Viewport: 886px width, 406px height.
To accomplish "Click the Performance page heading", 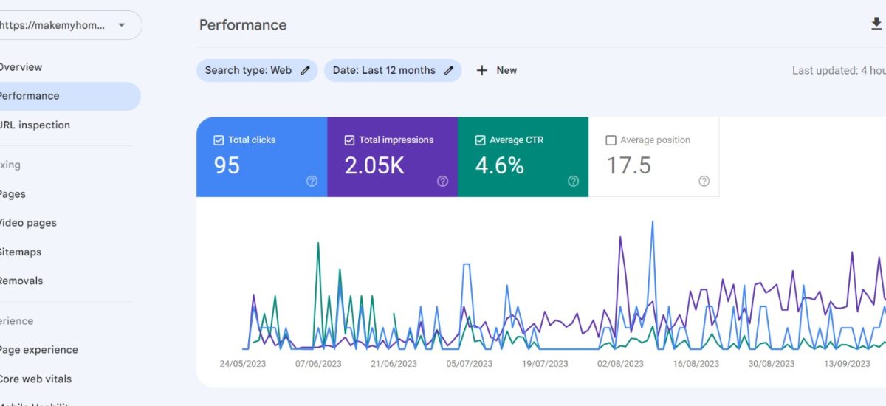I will [243, 25].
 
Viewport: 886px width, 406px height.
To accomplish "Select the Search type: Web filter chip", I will [256, 70].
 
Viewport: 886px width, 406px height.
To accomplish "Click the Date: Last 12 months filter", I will [392, 70].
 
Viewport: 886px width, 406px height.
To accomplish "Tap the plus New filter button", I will [496, 70].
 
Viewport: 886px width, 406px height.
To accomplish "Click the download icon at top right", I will [876, 24].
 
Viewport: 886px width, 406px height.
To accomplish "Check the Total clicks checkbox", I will [219, 140].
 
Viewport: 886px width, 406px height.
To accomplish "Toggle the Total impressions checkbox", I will [349, 140].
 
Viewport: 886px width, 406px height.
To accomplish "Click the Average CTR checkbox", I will [480, 140].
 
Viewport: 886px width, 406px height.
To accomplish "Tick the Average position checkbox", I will [611, 140].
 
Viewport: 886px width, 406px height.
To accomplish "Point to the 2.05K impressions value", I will [374, 165].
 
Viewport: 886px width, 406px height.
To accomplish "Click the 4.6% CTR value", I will [499, 165].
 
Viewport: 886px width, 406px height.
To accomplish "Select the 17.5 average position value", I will [628, 165].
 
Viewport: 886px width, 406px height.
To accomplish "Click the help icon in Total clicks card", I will [312, 182].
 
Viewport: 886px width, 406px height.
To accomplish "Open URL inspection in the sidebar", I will [34, 125].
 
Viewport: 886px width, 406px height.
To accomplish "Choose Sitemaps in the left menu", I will [20, 252].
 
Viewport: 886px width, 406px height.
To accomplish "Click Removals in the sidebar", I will [21, 281].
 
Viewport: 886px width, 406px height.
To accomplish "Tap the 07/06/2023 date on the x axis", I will [318, 364].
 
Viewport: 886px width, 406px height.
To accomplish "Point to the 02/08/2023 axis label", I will [620, 364].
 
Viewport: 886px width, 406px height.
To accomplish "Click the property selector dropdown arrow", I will [122, 25].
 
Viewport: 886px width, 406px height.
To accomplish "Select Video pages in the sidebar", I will [27, 223].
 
